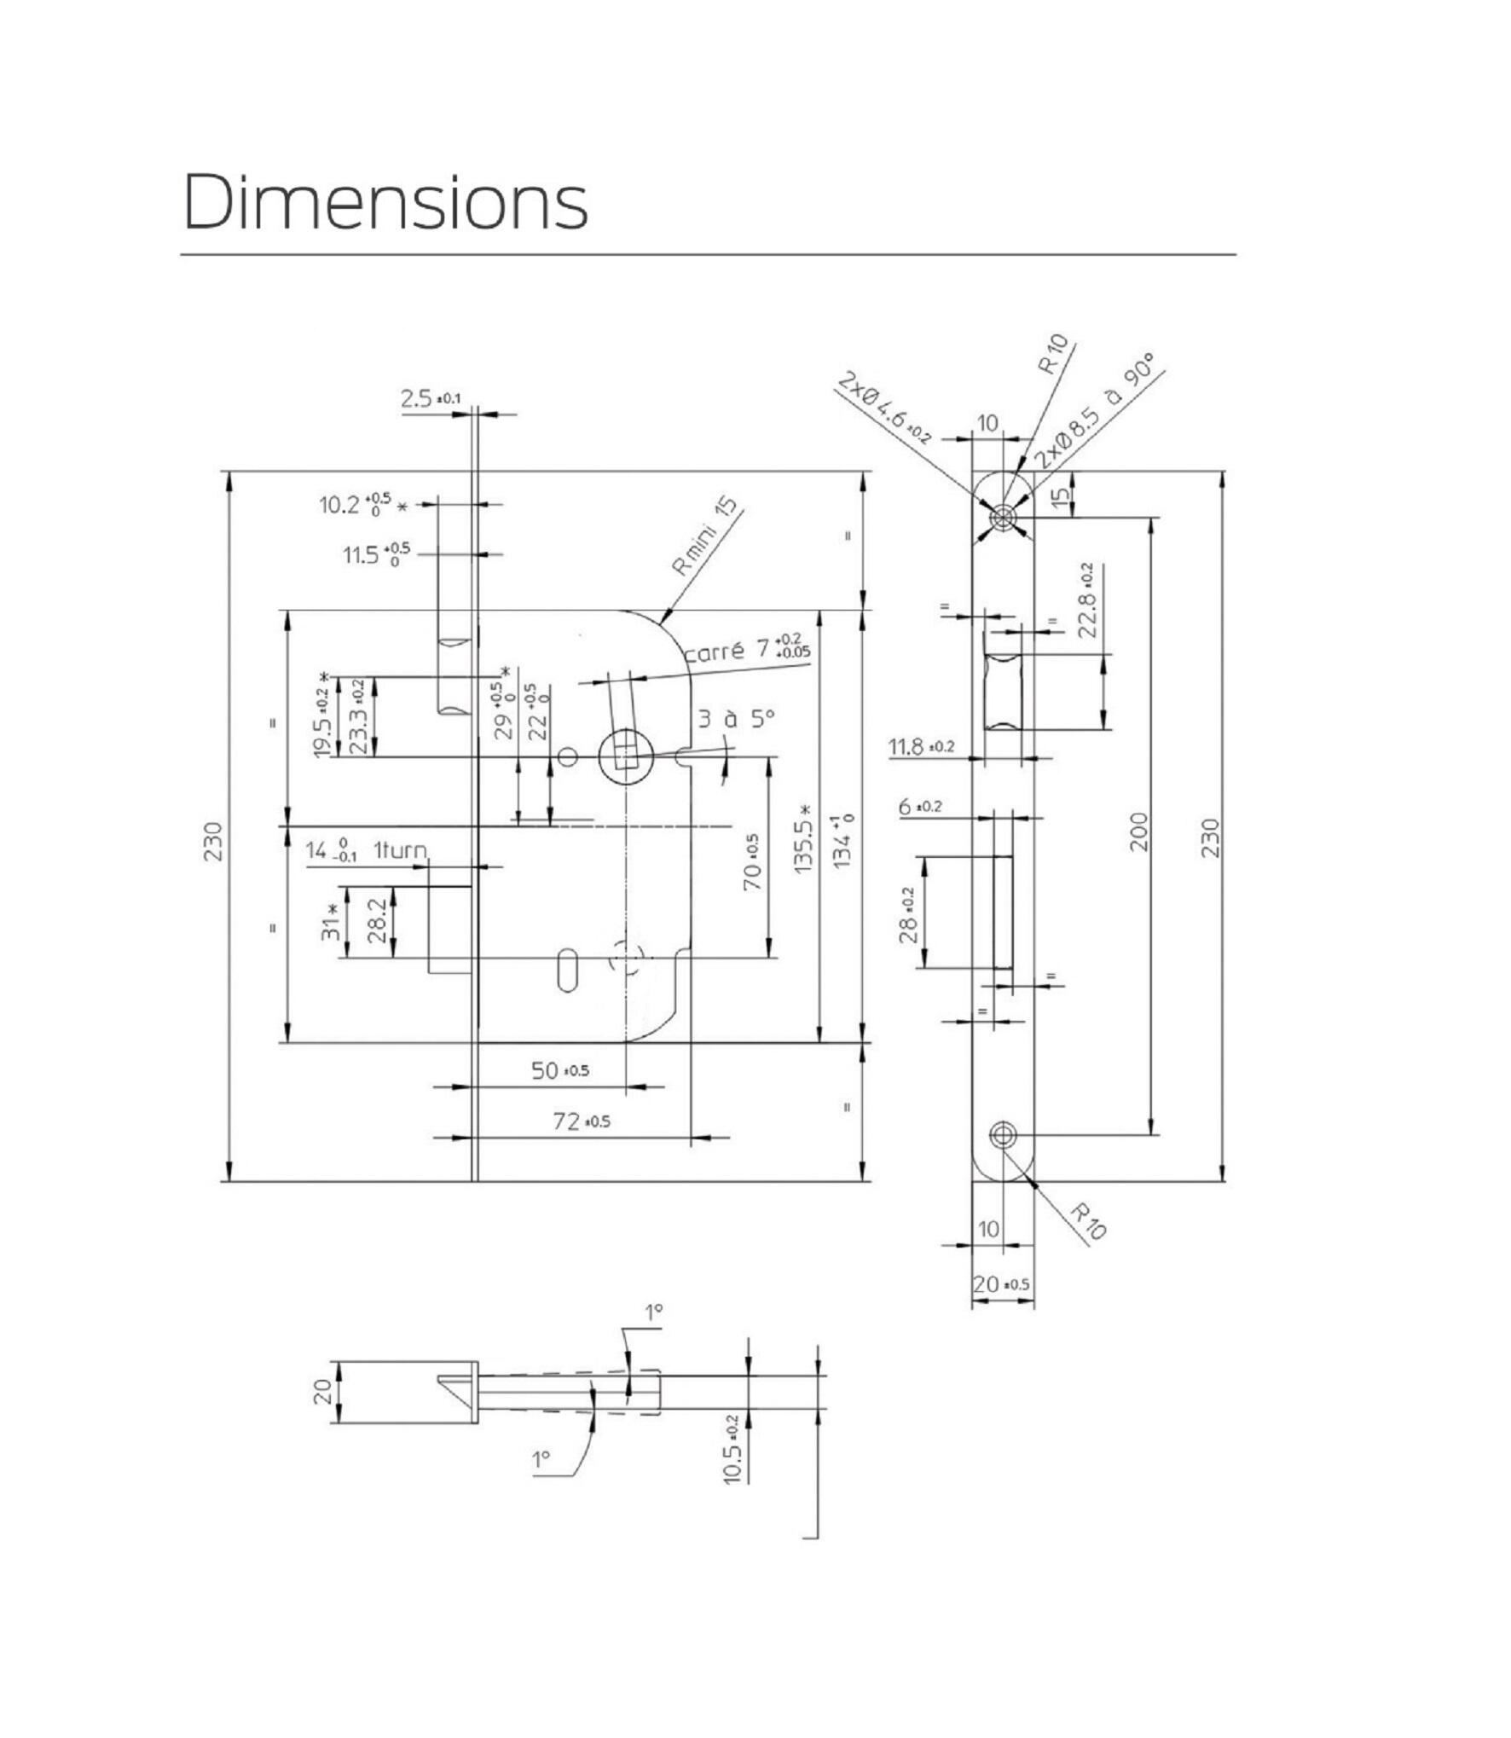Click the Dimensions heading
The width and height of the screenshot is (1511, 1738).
click(x=385, y=202)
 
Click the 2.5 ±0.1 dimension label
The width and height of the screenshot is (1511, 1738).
click(x=431, y=398)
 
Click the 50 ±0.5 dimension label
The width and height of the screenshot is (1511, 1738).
click(x=559, y=1070)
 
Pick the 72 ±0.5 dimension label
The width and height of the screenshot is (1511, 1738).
click(x=582, y=1121)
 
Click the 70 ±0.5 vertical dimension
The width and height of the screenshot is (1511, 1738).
click(x=751, y=862)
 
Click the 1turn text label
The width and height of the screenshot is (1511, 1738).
click(x=400, y=851)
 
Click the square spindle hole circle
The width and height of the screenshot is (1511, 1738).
click(x=626, y=756)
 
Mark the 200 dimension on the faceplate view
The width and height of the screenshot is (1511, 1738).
click(x=1138, y=831)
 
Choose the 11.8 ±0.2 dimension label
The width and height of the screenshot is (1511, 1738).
click(x=922, y=747)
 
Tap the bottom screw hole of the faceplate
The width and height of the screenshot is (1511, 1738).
click(x=1003, y=1134)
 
